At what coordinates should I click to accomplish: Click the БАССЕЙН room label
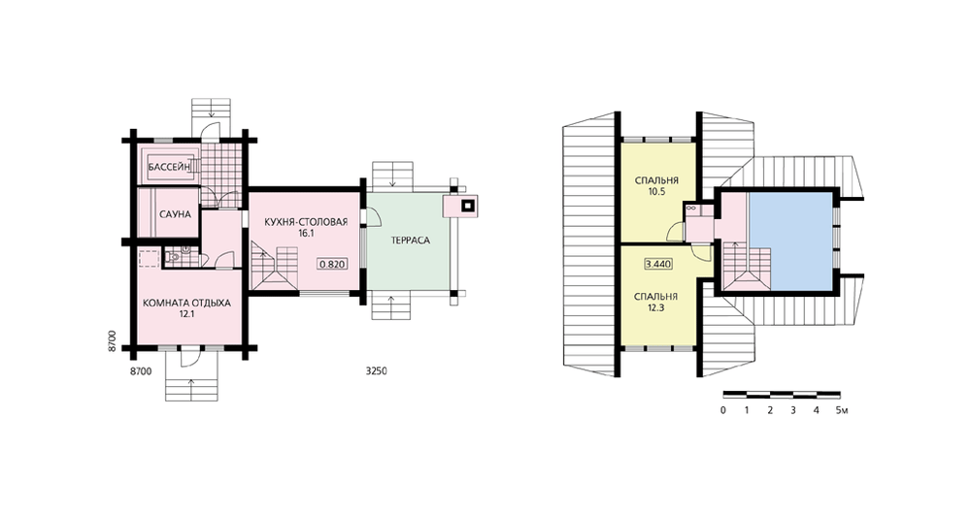coord(169,167)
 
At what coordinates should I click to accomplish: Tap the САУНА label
coord(175,214)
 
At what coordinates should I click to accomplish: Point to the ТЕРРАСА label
coord(410,240)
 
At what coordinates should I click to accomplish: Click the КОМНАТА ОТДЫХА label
coord(186,304)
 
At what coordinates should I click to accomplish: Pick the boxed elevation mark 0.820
coord(332,264)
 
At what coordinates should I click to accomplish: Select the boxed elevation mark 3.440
coord(658,264)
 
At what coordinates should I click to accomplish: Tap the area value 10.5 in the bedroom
coord(656,192)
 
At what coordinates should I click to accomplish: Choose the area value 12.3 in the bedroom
coord(655,307)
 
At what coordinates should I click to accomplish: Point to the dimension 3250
coord(377,371)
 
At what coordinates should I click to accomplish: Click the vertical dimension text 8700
coord(112,341)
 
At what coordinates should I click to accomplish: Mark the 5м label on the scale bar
coord(842,410)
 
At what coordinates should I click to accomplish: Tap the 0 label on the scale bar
coord(723,410)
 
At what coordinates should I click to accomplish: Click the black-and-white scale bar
coord(782,394)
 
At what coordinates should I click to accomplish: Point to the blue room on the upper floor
coord(790,241)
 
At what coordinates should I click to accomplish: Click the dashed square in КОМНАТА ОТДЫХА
coord(149,257)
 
